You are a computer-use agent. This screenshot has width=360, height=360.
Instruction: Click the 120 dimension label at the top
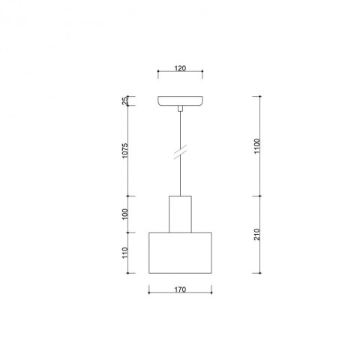(180, 68)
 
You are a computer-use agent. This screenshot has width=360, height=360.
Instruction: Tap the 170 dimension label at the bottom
(180, 289)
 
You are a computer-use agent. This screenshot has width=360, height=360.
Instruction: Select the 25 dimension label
(124, 100)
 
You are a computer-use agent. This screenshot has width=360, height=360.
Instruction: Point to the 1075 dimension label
(124, 151)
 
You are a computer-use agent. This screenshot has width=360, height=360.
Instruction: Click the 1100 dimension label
(257, 146)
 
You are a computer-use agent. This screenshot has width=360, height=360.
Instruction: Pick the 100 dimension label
(124, 214)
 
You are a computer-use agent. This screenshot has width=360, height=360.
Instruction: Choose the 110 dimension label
(124, 253)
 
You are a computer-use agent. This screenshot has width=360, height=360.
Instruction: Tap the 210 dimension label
(257, 235)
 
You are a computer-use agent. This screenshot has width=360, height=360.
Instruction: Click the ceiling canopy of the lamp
(180, 101)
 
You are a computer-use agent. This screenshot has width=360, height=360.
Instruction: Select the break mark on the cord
(181, 151)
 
